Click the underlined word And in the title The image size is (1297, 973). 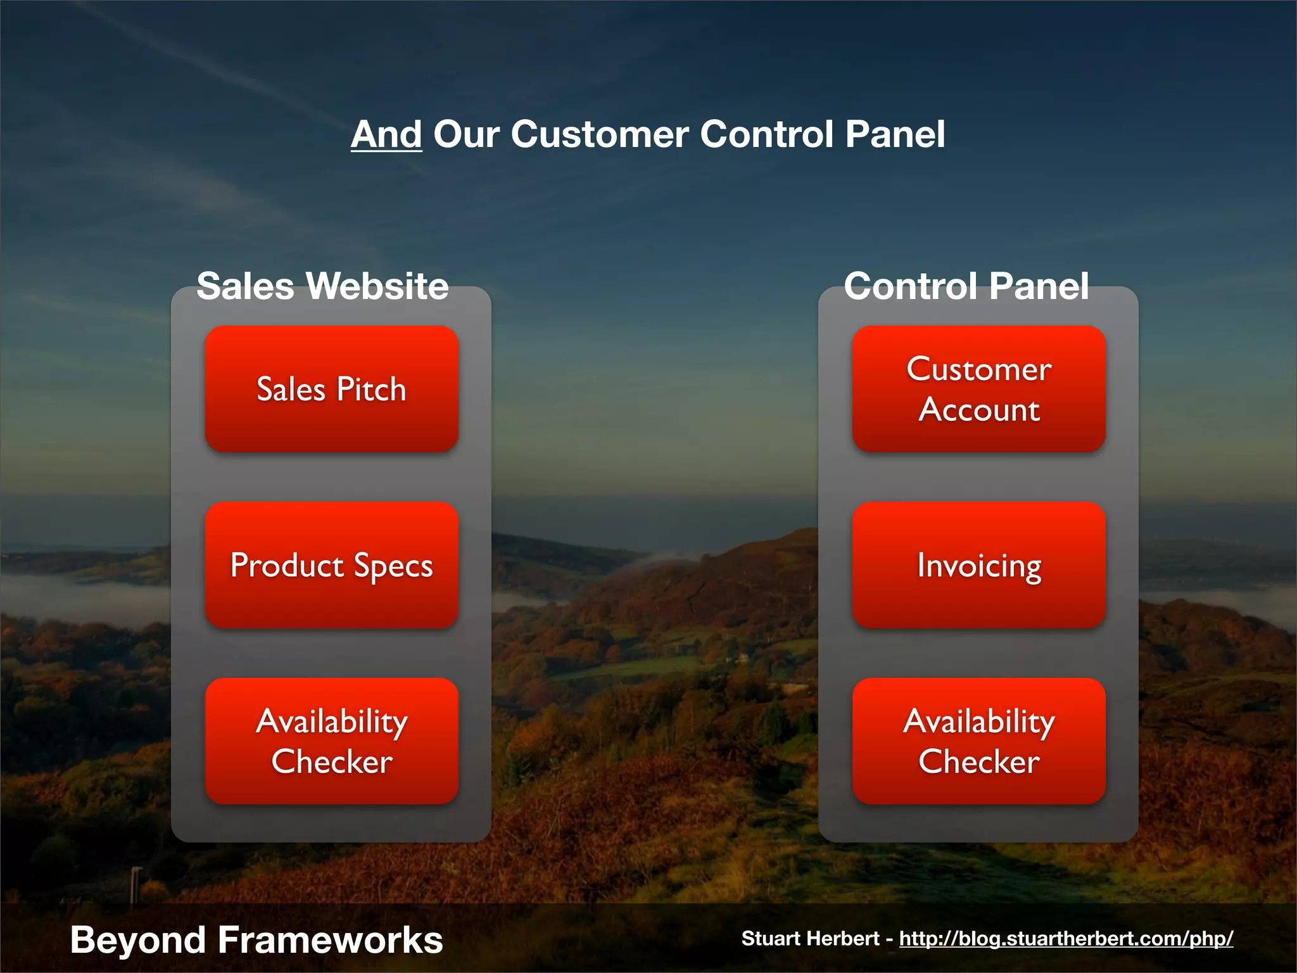tap(386, 134)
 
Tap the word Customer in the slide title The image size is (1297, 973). tap(599, 134)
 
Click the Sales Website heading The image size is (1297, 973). tap(322, 286)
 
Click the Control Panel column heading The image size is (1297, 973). tap(966, 286)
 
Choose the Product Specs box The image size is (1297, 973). tap(331, 565)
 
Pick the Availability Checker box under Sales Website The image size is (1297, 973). tap(331, 741)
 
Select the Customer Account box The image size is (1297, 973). tap(978, 389)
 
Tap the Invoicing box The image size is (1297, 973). tap(978, 565)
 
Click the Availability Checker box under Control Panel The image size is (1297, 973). tap(978, 741)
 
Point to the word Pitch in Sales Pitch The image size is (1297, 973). tap(371, 389)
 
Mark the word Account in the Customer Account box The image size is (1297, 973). tap(979, 410)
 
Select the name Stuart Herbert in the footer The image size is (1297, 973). tap(810, 938)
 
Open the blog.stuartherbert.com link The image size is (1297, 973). tap(1066, 938)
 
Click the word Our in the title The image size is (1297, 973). tap(466, 134)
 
